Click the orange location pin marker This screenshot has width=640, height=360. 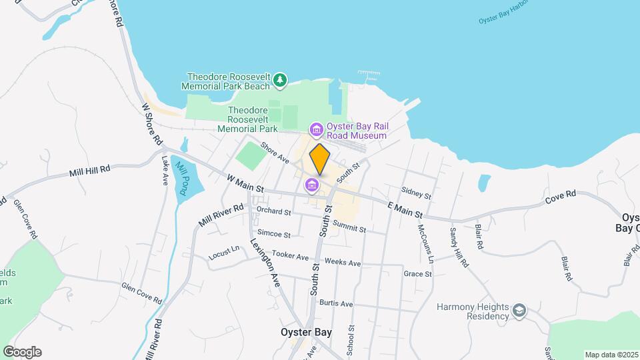320,159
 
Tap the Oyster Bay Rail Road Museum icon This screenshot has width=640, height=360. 315,129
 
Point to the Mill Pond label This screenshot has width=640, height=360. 180,177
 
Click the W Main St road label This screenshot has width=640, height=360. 245,185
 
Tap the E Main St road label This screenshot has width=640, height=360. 406,210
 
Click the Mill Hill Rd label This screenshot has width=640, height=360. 89,171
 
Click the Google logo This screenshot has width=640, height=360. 22,352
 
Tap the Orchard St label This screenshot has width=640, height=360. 273,211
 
